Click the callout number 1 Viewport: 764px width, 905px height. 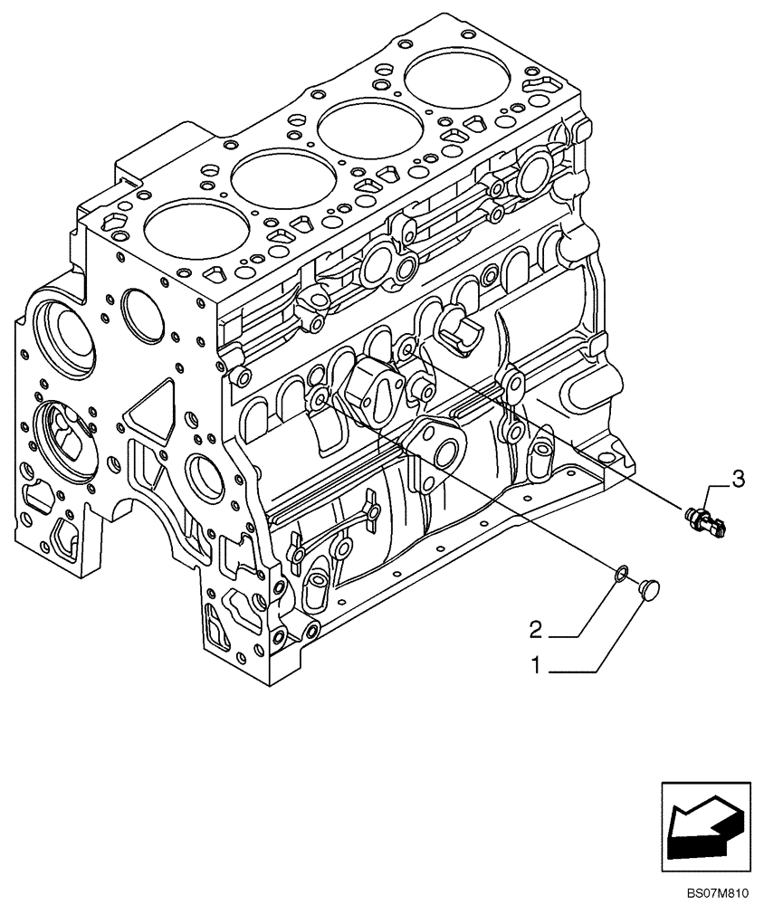(x=536, y=666)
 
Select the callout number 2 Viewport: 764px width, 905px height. (x=536, y=628)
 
